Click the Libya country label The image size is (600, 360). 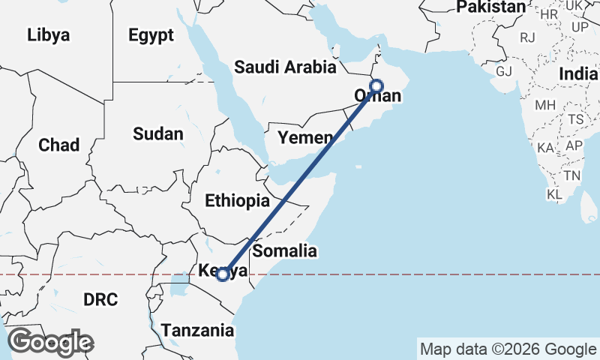[48, 35]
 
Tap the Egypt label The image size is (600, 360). [151, 35]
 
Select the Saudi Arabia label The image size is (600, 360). [285, 67]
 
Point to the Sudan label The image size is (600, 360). [157, 134]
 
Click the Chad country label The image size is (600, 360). [58, 145]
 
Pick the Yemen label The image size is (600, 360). [304, 138]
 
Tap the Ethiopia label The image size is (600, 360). [237, 201]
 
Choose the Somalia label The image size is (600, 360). [285, 251]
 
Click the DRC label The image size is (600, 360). [100, 300]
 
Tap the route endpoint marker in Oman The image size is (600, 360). [376, 86]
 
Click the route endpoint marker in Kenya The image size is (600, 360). [223, 274]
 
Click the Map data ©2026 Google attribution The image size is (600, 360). [508, 349]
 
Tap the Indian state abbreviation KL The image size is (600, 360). [555, 194]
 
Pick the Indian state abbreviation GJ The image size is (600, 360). [503, 71]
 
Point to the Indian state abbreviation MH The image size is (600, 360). [545, 106]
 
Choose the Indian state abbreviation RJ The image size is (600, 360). [527, 36]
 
